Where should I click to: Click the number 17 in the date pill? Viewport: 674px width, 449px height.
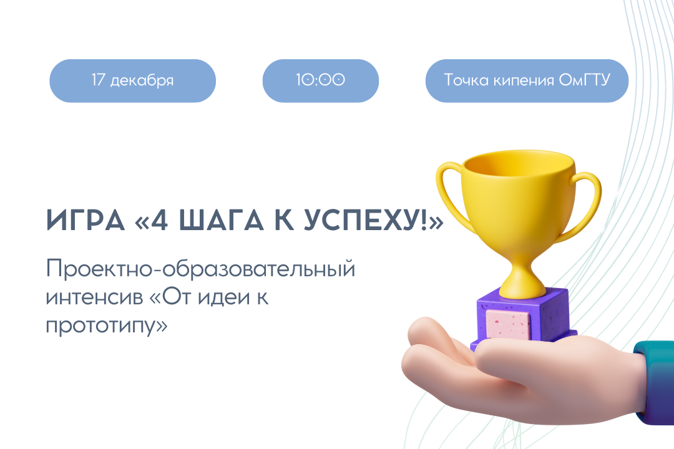tap(99, 80)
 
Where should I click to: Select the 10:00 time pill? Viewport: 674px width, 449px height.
tap(320, 80)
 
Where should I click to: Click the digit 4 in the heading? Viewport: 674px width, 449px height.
tap(159, 222)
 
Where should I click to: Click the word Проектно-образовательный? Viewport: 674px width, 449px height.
tap(200, 271)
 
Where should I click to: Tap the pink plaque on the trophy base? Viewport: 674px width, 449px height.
tap(507, 324)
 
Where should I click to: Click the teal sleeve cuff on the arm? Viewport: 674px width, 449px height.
tap(652, 380)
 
